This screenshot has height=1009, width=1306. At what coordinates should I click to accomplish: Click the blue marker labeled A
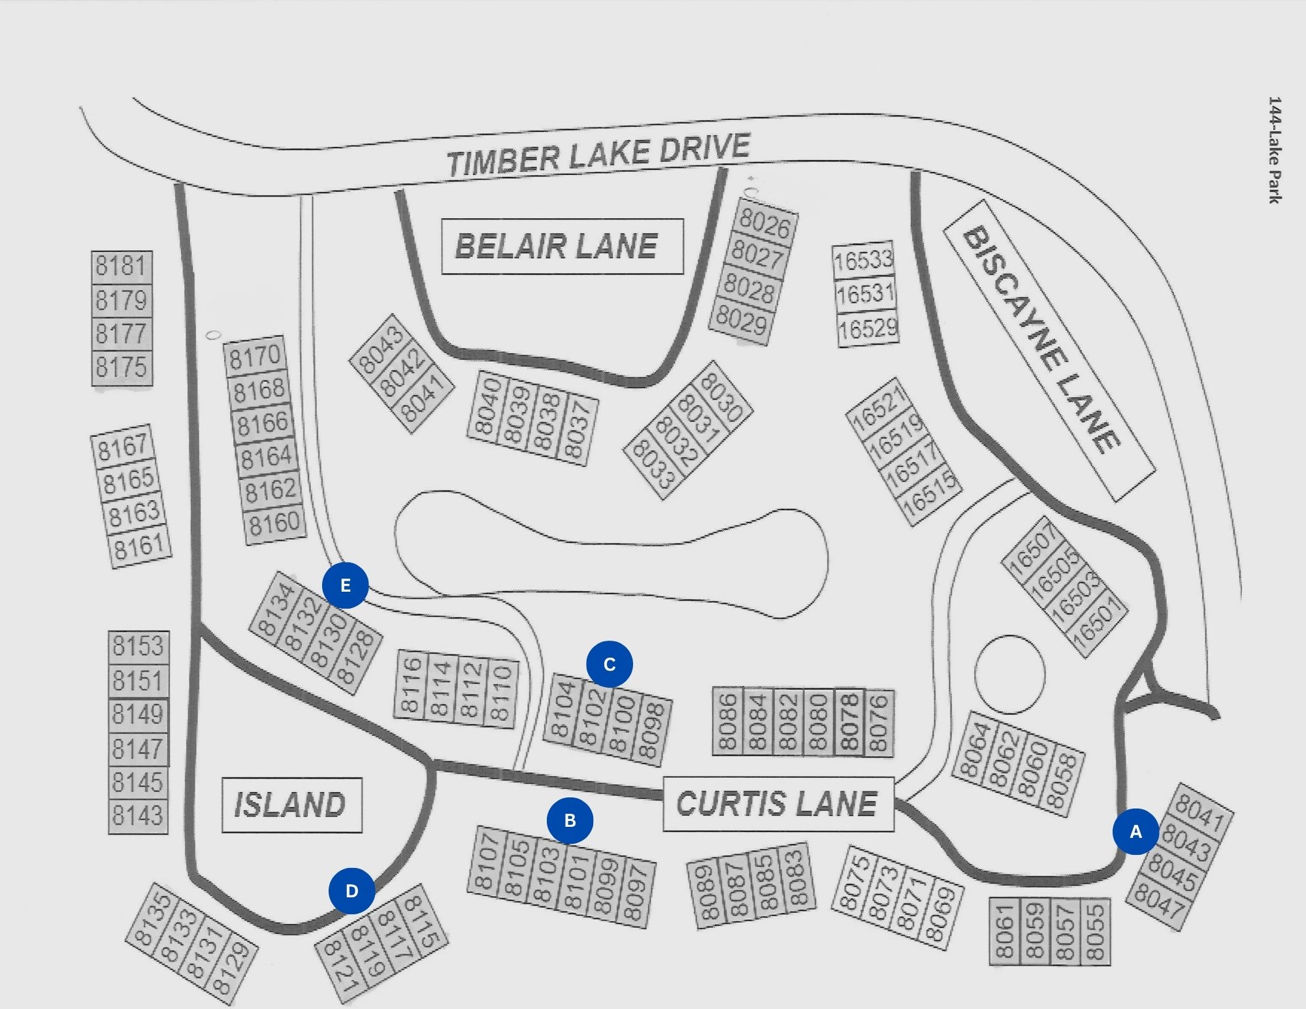pyautogui.click(x=1135, y=831)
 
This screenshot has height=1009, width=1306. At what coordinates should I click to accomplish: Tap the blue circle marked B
pyautogui.click(x=570, y=820)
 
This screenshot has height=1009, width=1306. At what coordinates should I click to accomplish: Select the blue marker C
pyautogui.click(x=610, y=664)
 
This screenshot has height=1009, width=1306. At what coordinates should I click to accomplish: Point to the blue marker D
pyautogui.click(x=351, y=891)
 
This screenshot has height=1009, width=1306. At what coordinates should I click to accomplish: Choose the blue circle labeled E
pyautogui.click(x=346, y=585)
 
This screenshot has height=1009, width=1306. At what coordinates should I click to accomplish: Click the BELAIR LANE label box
pyautogui.click(x=563, y=246)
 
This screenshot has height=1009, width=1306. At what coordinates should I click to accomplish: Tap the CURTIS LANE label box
pyautogui.click(x=778, y=804)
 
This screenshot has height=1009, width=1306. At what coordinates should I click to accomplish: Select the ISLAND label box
pyautogui.click(x=291, y=805)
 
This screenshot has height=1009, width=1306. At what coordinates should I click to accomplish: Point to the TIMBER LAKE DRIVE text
pyautogui.click(x=598, y=155)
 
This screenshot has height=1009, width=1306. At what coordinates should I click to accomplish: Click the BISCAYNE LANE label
pyautogui.click(x=1049, y=351)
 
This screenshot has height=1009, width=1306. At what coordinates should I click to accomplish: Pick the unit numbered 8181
pyautogui.click(x=122, y=267)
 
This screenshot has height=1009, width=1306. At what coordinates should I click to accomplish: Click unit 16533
pyautogui.click(x=863, y=260)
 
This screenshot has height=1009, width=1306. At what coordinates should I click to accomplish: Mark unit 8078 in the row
pyautogui.click(x=849, y=722)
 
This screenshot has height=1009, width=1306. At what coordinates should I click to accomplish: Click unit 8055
pyautogui.click(x=1095, y=931)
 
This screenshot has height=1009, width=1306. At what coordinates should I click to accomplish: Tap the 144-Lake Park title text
pyautogui.click(x=1275, y=150)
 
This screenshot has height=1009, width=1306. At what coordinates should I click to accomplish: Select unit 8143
pyautogui.click(x=138, y=816)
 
